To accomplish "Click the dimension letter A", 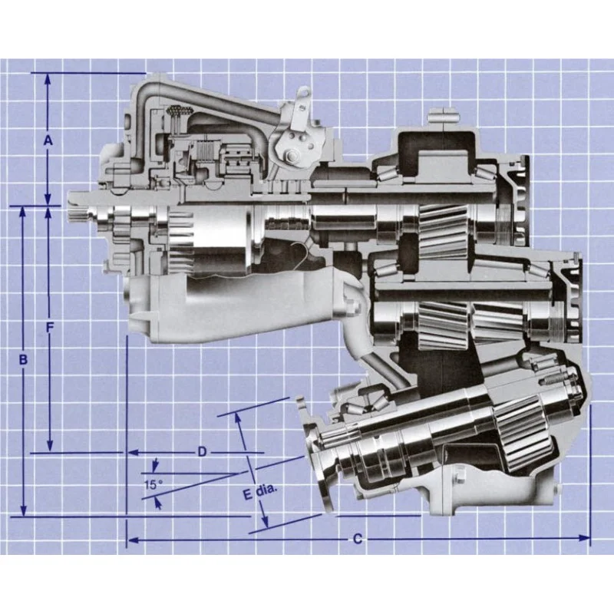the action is pyautogui.click(x=48, y=140).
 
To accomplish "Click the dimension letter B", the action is pyautogui.click(x=23, y=359).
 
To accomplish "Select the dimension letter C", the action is pyautogui.click(x=358, y=540).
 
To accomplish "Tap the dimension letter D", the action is pyautogui.click(x=202, y=452).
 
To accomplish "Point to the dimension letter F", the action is pyautogui.click(x=49, y=328).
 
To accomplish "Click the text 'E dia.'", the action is pyautogui.click(x=260, y=492).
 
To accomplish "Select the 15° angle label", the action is pyautogui.click(x=153, y=485).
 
